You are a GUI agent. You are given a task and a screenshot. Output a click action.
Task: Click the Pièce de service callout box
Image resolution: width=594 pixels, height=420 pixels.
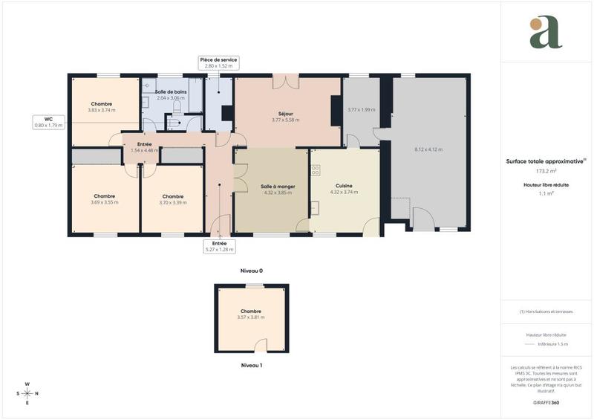(218, 62)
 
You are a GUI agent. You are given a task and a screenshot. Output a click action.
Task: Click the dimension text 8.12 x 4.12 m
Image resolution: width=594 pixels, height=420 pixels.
(428, 149)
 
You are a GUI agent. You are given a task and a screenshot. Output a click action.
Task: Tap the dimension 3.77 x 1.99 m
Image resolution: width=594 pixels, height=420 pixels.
(361, 110)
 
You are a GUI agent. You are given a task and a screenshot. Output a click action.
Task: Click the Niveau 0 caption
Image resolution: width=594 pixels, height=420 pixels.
(251, 271)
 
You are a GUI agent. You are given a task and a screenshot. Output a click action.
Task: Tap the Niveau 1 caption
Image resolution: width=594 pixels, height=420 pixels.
(251, 365)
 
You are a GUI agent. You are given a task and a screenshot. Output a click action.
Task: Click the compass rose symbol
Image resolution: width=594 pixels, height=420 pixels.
(27, 393)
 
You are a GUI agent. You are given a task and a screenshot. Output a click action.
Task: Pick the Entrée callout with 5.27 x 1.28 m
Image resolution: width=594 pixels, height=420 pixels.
(220, 247)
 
